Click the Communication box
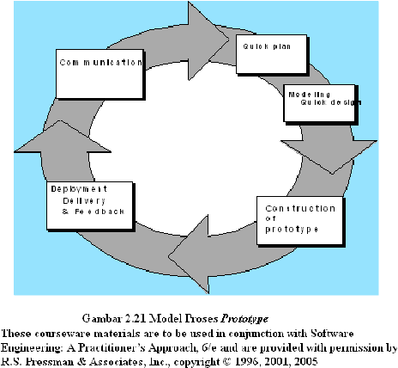(99, 74)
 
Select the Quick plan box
(272, 54)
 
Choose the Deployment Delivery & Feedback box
(90, 205)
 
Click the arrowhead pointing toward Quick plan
(208, 40)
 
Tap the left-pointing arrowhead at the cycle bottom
(189, 255)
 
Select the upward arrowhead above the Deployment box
(63, 137)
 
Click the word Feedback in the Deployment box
(99, 212)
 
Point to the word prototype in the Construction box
(292, 230)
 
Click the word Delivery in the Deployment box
(84, 201)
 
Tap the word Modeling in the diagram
(310, 95)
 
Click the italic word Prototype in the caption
(244, 319)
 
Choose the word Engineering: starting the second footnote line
(33, 347)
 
